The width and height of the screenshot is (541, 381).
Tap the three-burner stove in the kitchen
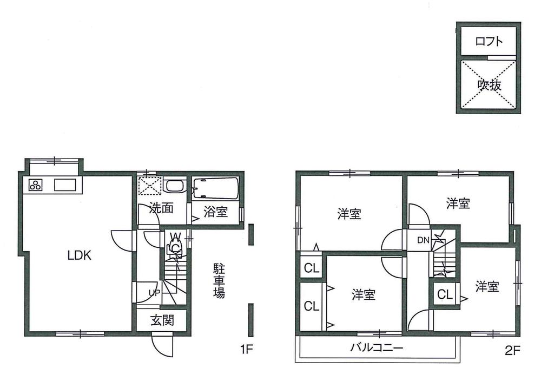coord(36,185)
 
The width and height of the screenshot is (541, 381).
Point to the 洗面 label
coord(161,208)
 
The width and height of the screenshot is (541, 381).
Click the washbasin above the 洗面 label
coord(175,187)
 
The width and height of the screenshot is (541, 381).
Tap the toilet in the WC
coord(175,247)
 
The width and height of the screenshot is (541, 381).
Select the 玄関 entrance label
coord(162,320)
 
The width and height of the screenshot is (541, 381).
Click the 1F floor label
coord(247,350)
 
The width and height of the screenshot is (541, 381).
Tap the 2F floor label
coord(512,350)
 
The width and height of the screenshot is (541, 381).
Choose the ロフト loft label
coord(489,41)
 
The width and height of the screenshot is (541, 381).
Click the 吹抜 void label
coord(489,84)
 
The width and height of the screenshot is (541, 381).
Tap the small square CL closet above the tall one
coord(311,267)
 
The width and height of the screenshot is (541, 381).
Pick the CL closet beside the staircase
coord(445,295)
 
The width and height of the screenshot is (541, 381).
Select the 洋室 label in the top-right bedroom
coord(458,204)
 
